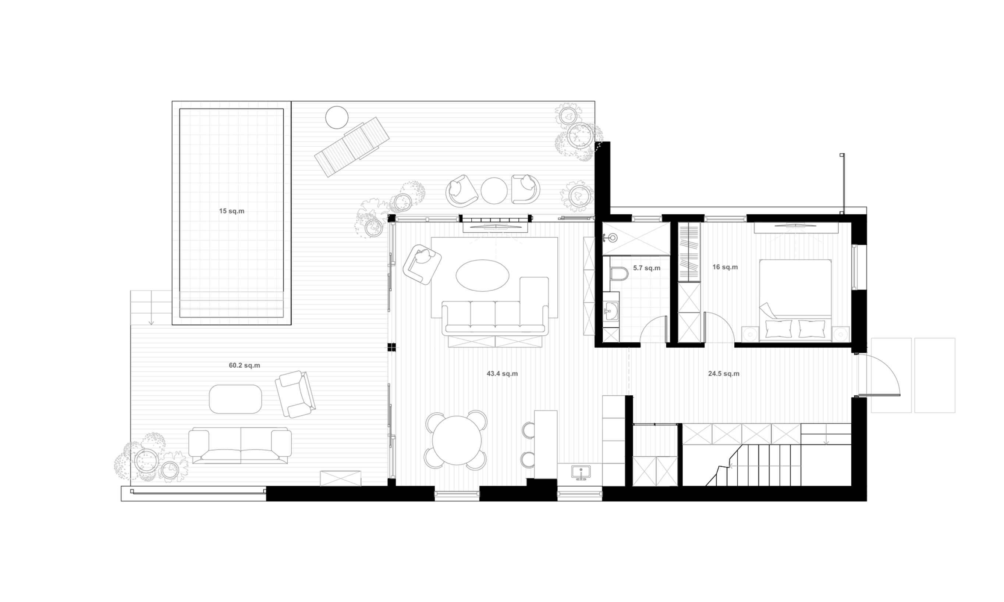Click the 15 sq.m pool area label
coord(231,211)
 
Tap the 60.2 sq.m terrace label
coord(244,365)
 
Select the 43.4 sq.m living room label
coord(502,374)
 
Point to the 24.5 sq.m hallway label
coord(724,374)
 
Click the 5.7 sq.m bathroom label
coord(646,268)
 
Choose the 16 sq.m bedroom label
coord(725,267)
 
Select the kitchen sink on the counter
coord(581,472)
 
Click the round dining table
coord(457,441)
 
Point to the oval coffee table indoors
coord(482,275)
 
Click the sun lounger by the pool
coord(352,146)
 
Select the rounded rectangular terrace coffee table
coord(235,399)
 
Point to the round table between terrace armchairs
coord(494,190)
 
